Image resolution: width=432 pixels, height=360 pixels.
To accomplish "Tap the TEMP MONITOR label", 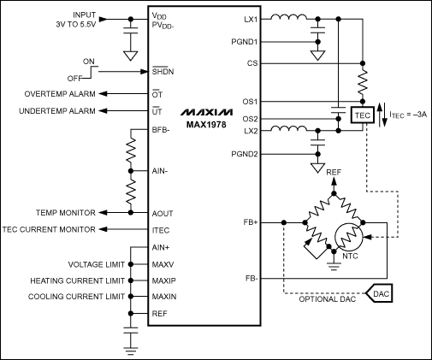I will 66,211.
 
